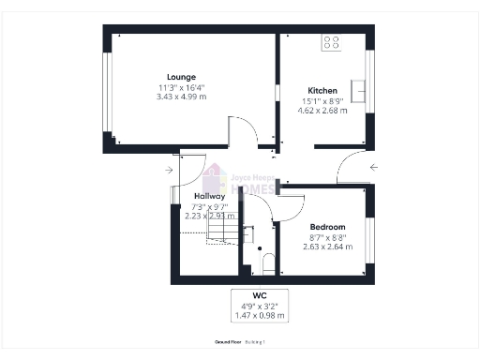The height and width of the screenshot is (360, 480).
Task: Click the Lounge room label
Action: pos(181,77)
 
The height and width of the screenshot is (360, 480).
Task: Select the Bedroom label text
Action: pos(328,227)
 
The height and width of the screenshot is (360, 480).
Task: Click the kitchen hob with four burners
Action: pos(332,41)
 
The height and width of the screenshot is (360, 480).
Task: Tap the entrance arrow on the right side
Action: pos(374,168)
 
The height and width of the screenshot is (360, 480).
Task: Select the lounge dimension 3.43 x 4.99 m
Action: pos(181,97)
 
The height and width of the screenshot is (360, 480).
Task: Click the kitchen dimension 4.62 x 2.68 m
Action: pos(322,111)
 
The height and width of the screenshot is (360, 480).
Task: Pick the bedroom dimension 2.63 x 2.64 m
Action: pos(328,247)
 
